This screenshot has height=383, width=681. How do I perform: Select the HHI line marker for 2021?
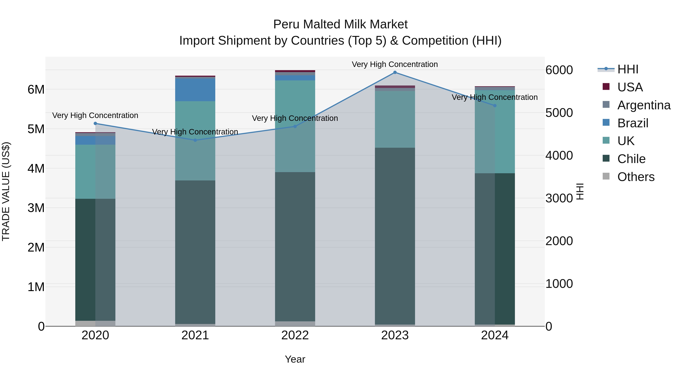coord(195,140)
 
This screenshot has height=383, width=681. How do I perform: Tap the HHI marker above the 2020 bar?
coord(96,124)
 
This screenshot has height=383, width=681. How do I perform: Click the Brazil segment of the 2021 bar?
coord(195,90)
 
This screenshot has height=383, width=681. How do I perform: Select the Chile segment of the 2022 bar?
coord(295,247)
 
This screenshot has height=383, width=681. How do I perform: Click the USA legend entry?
coord(630,87)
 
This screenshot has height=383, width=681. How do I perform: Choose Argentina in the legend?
coord(644,105)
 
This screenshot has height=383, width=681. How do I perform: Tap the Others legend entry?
coord(636,177)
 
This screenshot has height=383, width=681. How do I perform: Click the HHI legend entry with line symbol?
coord(628,69)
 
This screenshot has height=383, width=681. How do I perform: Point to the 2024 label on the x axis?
coord(495,335)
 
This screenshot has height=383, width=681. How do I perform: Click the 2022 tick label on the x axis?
coord(295,335)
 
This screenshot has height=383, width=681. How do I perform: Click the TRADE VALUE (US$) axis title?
coord(6,191)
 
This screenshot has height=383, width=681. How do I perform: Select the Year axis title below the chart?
coord(295,359)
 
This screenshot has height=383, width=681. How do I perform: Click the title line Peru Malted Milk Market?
coord(340,24)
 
